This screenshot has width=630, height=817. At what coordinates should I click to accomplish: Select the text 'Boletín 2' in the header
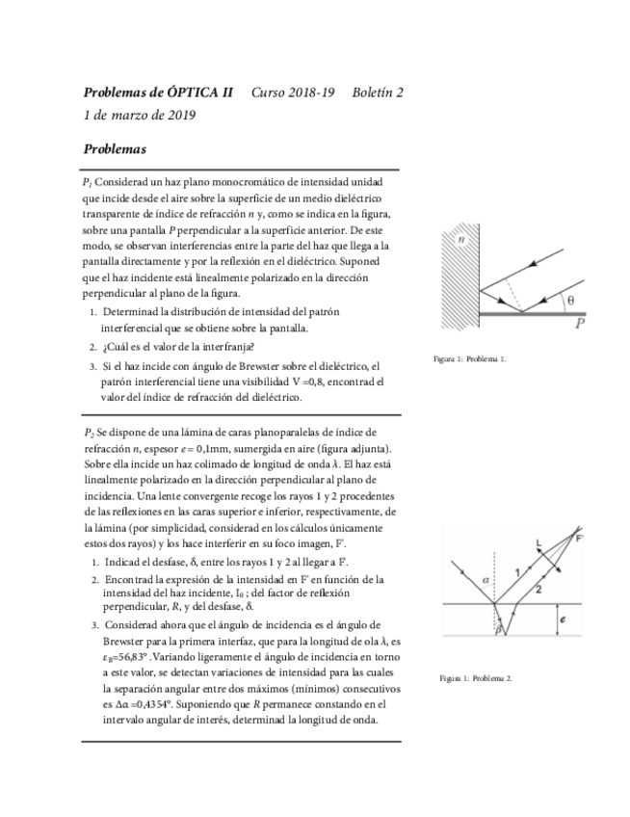378,93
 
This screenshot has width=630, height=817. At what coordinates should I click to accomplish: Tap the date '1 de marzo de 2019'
140,116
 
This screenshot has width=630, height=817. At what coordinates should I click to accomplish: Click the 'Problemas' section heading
115,149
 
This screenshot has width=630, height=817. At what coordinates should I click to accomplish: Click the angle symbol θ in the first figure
570,300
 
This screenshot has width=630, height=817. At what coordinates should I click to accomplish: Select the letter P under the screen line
580,324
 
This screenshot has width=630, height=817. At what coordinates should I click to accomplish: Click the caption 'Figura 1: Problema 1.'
469,359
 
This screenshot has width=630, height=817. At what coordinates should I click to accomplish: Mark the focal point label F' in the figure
579,538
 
